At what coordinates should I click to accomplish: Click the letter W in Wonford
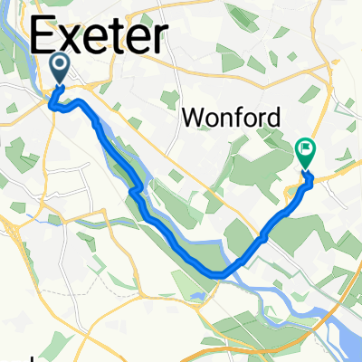(x=194, y=117)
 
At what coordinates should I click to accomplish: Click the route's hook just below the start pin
(x=56, y=106)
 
